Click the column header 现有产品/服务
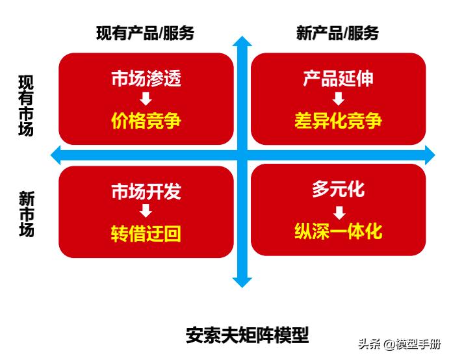pos(146,33)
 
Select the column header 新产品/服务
pos(337,33)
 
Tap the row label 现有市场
pos(26,105)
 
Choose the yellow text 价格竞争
pos(146,121)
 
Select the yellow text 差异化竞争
pos(338,121)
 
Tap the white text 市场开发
pos(146,192)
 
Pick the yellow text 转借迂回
pos(146,233)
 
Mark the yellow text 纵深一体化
pos(338,231)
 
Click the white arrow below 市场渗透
pos(146,99)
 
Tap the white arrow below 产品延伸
pos(338,99)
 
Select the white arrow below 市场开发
pos(146,211)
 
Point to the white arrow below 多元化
pos(339,211)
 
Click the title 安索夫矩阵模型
pos(247,335)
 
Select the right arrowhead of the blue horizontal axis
pos(429,155)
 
